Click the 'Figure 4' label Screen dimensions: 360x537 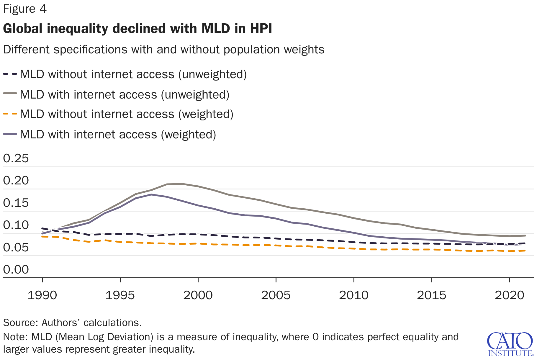pos(25,9)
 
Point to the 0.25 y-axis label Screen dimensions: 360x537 pos(16,158)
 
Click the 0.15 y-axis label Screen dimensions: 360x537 pos(16,203)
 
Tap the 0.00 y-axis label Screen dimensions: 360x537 pos(16,269)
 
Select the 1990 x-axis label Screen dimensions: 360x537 pos(42,295)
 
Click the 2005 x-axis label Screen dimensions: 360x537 pos(276,295)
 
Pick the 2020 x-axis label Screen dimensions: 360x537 pos(510,295)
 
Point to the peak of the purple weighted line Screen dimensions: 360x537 pos(151,194)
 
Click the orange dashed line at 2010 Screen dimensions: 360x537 pos(354,249)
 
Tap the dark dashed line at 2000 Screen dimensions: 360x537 pos(198,234)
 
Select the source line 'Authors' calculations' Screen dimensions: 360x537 pos(91,323)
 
